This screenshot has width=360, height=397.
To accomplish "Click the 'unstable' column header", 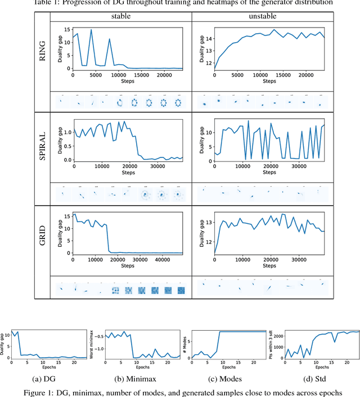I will (x=260, y=17).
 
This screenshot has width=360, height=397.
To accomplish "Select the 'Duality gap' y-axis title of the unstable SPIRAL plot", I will (x=195, y=139).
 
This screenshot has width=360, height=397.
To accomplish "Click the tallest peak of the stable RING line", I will (x=91, y=30).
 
